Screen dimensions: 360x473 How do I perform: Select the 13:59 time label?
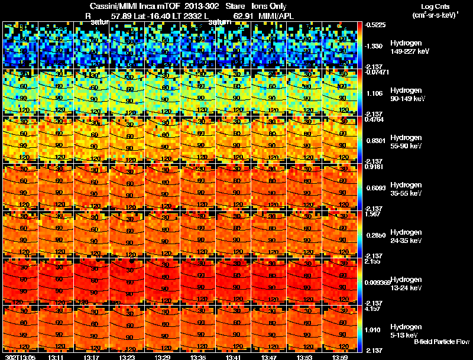coord(340,357)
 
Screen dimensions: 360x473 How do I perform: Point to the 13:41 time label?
coord(234,357)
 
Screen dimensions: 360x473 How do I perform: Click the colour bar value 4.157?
coord(373,309)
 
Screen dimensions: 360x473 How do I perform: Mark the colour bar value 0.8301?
coord(374,140)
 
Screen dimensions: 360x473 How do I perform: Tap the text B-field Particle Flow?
coord(442,342)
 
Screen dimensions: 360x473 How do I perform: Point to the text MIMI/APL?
coord(276,17)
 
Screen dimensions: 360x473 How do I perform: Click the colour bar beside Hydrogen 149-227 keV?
coord(361,45)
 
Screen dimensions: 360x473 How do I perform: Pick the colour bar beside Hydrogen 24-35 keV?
coord(361,234)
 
